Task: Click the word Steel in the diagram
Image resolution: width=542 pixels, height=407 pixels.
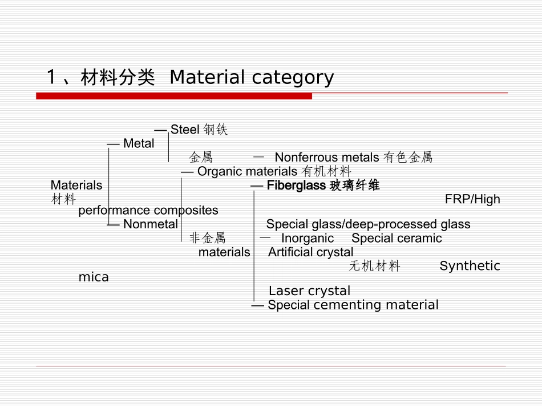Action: click(x=184, y=130)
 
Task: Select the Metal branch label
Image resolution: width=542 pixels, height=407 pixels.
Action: click(x=139, y=144)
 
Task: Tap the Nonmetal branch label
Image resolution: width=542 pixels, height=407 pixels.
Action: click(x=150, y=224)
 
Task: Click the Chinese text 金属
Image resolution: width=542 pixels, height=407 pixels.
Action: click(x=201, y=158)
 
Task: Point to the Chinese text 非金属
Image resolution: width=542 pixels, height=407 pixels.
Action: click(x=207, y=238)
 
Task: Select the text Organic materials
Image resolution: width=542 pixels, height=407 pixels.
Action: click(x=247, y=171)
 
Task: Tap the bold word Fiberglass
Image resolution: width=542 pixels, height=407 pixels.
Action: click(x=296, y=186)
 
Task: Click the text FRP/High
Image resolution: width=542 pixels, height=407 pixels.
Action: click(x=472, y=199)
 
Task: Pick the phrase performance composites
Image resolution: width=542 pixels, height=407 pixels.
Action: click(x=148, y=210)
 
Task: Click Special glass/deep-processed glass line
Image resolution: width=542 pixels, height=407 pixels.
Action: click(x=368, y=224)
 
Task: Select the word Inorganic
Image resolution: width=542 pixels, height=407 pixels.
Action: click(x=307, y=238)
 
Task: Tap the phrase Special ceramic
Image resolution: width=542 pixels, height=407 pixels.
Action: click(x=397, y=238)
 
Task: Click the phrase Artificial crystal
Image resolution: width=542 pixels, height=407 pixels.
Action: click(x=310, y=252)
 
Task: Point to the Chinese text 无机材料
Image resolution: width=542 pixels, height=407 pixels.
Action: click(x=374, y=266)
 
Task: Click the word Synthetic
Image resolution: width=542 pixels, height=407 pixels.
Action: click(x=470, y=266)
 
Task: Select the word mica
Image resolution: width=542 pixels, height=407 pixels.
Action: click(x=94, y=277)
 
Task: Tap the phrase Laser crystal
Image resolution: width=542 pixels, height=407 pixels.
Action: click(x=309, y=291)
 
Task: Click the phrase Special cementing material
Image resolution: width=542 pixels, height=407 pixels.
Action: click(x=353, y=305)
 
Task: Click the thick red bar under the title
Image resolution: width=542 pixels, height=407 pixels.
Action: click(x=174, y=96)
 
